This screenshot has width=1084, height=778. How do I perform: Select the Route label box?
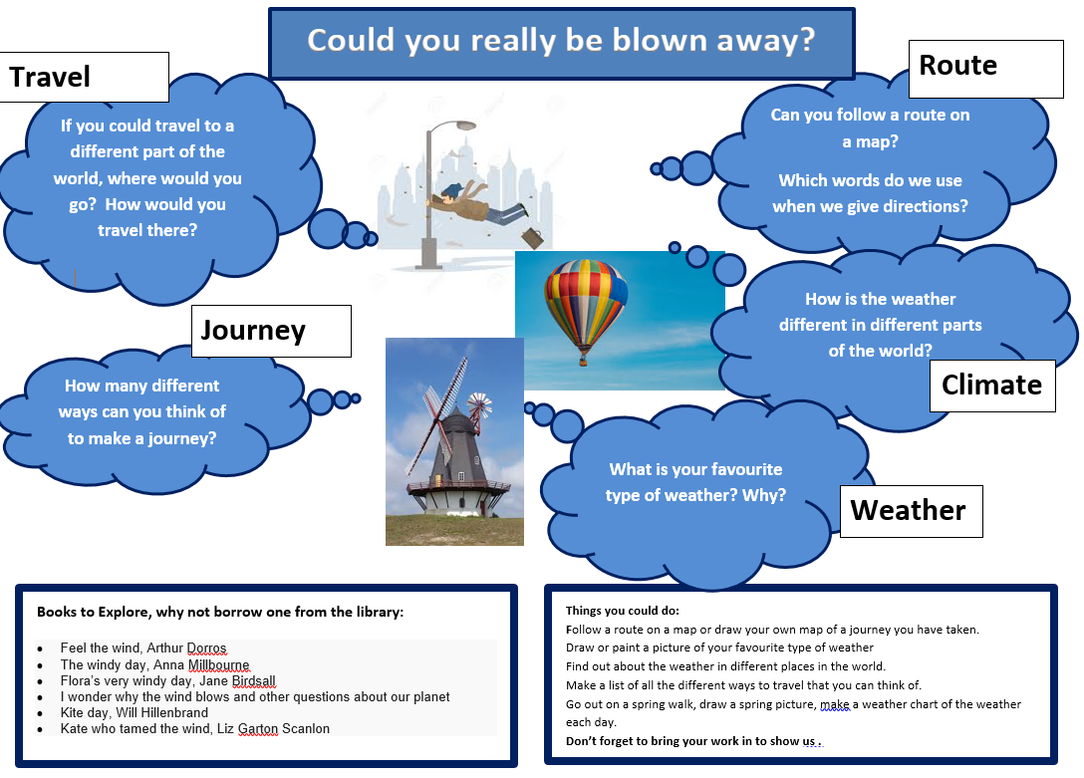(985, 69)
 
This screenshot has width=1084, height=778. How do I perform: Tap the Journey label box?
(271, 331)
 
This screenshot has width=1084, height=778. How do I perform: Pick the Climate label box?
(992, 386)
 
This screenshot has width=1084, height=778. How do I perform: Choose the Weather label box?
(912, 511)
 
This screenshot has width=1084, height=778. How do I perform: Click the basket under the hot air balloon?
(584, 360)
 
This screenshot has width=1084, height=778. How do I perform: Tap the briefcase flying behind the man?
(532, 238)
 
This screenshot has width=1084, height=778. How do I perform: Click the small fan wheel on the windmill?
(480, 404)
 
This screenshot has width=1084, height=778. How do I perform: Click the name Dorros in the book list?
(206, 648)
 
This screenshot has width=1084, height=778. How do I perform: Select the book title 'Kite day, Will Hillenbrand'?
(135, 712)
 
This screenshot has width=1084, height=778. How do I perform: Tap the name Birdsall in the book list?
(254, 680)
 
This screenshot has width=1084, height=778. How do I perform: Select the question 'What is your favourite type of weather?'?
(695, 482)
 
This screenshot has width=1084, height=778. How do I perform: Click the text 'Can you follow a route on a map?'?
(871, 128)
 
